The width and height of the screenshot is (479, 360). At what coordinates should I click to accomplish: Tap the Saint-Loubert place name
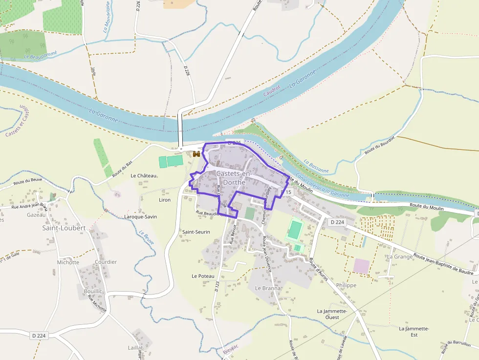tap(64, 228)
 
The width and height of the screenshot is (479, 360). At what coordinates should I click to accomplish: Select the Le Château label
tap(143, 175)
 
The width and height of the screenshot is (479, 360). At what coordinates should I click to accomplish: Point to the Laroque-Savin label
tap(141, 216)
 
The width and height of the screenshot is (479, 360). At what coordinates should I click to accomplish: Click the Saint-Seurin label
tap(196, 232)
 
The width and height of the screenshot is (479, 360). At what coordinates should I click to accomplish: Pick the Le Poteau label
tap(203, 276)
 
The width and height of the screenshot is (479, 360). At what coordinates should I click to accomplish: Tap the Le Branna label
tap(268, 288)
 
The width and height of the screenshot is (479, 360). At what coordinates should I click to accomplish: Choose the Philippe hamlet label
tap(347, 285)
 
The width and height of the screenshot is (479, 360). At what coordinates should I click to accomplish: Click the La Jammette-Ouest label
tap(332, 314)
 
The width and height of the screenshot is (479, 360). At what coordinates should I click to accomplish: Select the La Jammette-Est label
tap(414, 332)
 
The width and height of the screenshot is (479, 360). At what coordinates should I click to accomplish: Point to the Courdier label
tap(106, 262)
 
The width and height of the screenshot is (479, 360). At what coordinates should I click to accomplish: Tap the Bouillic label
tap(93, 291)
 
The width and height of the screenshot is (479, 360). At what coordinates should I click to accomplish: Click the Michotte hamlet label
tap(68, 262)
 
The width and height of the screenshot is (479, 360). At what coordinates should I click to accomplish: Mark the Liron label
tap(165, 200)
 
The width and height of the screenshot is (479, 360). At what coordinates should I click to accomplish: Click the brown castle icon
tap(196, 154)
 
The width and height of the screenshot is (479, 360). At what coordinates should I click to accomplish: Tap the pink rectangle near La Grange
tap(362, 266)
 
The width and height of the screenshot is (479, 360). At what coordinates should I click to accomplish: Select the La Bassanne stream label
tap(316, 166)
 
